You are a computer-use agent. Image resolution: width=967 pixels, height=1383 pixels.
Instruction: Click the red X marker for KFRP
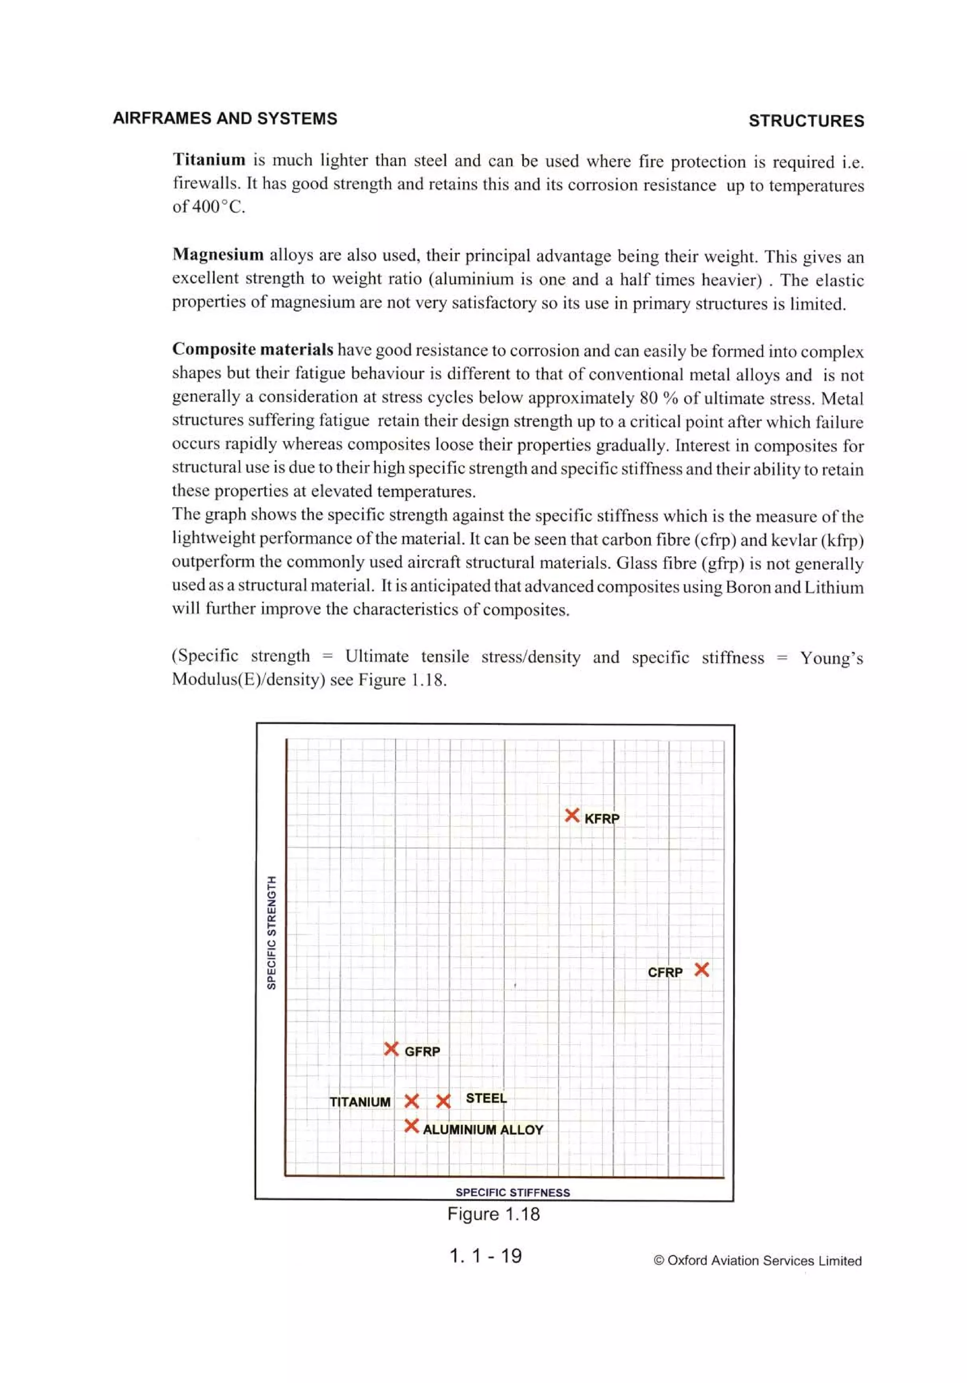(x=571, y=816)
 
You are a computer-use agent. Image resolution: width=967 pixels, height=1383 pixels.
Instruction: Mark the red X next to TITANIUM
(x=411, y=1101)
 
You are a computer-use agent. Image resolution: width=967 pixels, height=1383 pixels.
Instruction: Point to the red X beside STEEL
(x=443, y=1101)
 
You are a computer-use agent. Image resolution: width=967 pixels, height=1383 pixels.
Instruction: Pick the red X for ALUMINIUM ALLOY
(x=411, y=1126)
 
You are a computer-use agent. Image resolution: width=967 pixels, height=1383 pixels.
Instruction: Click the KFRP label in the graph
(x=602, y=818)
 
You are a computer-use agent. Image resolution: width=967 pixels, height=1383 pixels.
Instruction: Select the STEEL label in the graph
(x=486, y=1098)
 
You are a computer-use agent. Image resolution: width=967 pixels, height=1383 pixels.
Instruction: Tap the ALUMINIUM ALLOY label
(x=483, y=1129)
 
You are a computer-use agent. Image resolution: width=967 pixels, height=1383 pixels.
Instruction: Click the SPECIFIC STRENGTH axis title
(x=271, y=932)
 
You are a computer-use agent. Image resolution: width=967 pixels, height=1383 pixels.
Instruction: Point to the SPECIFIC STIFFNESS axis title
(x=512, y=1192)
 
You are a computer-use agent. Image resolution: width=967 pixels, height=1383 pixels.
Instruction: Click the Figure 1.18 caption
(x=493, y=1214)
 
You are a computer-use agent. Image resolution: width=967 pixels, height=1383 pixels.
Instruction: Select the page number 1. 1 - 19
(x=485, y=1255)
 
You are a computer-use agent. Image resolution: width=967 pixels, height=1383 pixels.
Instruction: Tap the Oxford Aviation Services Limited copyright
(x=757, y=1261)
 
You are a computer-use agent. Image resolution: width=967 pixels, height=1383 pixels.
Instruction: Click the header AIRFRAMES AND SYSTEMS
(x=225, y=118)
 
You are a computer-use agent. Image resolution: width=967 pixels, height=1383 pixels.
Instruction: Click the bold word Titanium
(x=209, y=160)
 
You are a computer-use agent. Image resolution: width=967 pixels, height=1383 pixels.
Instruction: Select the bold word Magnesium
(x=218, y=254)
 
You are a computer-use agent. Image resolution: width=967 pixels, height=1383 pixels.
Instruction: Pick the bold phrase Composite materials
(x=252, y=349)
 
